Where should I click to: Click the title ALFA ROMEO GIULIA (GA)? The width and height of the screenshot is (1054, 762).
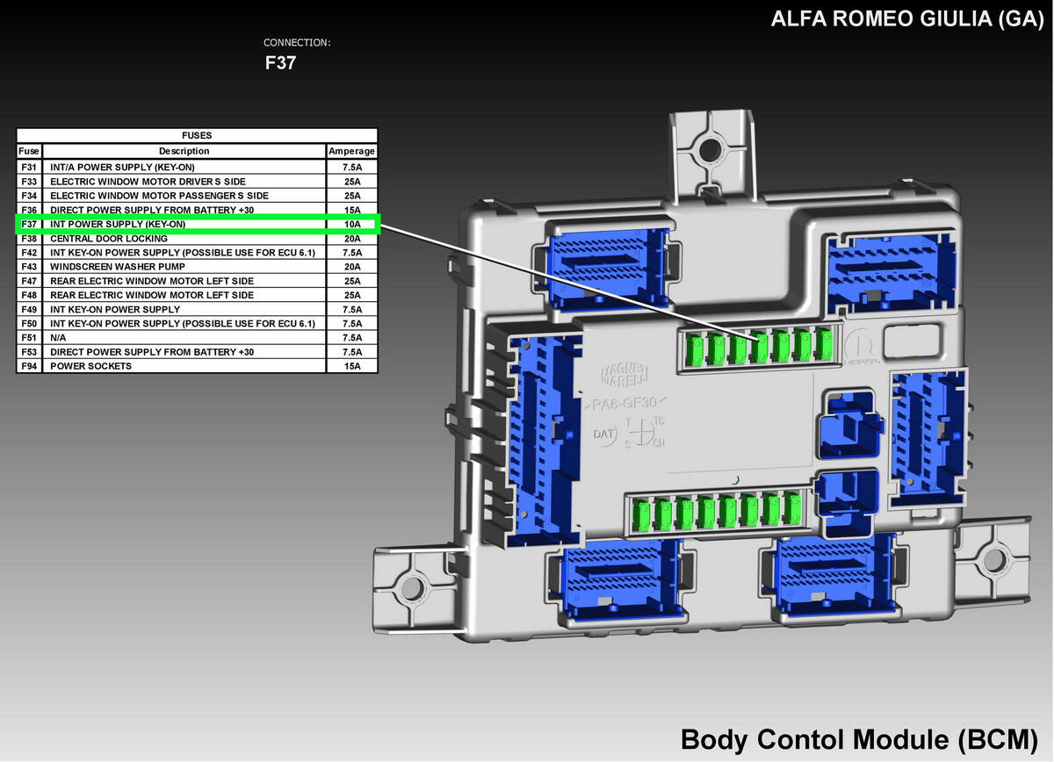(906, 18)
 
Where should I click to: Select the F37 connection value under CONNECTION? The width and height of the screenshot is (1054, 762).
(280, 63)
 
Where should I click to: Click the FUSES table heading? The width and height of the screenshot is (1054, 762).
(197, 135)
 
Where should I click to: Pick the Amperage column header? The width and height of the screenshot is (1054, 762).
(351, 151)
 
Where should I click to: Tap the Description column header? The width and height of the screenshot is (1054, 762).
(184, 151)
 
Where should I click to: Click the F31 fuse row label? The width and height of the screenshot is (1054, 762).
(29, 167)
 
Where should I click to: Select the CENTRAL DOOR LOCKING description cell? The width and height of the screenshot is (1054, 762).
(109, 239)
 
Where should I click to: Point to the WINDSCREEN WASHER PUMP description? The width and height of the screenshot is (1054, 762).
(118, 267)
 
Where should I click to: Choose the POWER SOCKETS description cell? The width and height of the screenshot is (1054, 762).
(90, 366)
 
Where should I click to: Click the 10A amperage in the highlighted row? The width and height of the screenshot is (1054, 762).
(352, 225)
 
